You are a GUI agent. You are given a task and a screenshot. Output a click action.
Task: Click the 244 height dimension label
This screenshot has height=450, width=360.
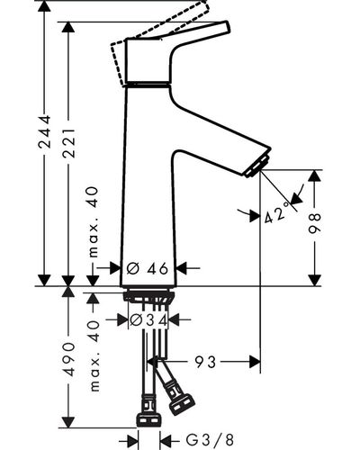coord(44,131)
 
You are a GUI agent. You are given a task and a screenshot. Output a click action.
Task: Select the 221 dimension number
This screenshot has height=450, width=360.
coord(68,143)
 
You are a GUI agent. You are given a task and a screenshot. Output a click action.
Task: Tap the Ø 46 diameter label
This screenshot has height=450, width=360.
coord(147,268)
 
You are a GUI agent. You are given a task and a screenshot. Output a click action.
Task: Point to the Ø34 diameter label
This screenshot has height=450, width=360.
coord(148,320)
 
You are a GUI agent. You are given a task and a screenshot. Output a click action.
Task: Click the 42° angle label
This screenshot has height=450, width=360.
coord(277,212)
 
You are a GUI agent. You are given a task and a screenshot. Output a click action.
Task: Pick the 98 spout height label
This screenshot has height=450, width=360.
coord(314,223)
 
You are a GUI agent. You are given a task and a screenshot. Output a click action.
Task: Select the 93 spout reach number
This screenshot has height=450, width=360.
coord(205,362)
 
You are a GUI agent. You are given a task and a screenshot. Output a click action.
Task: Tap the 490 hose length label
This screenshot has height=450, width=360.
coord(68,359)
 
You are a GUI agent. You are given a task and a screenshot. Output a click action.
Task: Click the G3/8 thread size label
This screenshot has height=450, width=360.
coord(210,440)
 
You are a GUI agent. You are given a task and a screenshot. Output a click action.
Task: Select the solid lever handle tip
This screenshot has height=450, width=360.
coord(226,26)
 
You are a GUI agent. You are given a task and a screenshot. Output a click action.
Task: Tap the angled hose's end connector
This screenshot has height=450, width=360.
coord(182,405)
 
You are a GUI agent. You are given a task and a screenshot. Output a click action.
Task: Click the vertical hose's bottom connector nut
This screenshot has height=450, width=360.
coord(149,419)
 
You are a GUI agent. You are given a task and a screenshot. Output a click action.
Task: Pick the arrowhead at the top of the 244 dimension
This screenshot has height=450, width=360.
coord(44,6)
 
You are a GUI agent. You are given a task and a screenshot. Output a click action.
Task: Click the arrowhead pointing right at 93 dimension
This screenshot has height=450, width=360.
coord(255,362)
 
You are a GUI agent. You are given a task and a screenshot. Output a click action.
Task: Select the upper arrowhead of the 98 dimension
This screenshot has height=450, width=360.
coord(314,175)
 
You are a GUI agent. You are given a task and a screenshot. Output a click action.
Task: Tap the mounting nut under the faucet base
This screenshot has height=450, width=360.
coord(148,296)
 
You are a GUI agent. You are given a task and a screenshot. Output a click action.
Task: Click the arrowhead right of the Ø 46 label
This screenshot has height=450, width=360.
coord(182,268)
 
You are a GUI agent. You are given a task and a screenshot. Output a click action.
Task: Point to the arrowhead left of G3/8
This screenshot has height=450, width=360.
coord(133,441)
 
